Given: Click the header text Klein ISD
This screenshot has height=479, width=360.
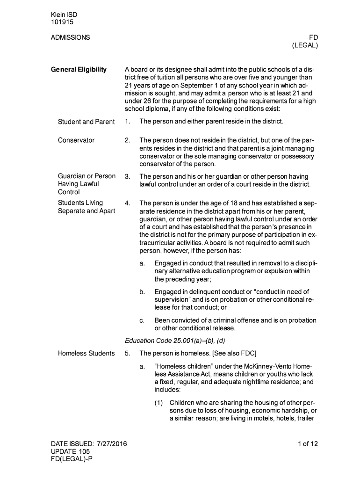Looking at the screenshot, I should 64,15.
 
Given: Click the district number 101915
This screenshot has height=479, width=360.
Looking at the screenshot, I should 62,22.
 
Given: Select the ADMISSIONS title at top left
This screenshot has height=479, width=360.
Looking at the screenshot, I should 70,37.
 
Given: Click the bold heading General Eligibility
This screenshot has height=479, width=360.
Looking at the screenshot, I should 79,70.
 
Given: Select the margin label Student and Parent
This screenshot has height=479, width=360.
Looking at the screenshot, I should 86,122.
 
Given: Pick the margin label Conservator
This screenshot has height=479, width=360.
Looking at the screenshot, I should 76,140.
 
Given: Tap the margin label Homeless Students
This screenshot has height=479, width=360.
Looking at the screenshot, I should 86,353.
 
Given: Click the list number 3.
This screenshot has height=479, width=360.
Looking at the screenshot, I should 127,176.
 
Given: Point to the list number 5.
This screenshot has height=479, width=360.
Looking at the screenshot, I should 127,353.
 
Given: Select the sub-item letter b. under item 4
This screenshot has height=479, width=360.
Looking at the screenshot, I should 142,292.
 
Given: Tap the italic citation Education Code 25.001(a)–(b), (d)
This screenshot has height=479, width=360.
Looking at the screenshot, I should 173,341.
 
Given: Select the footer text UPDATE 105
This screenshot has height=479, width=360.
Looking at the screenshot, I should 70,452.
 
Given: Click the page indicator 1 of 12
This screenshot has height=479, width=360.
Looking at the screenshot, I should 308,444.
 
